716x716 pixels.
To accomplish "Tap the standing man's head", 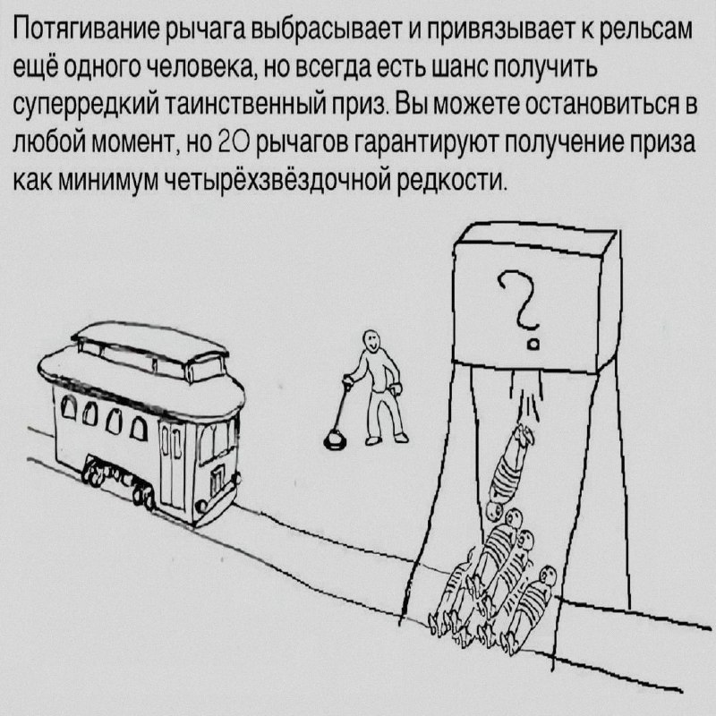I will coord(371,339).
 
